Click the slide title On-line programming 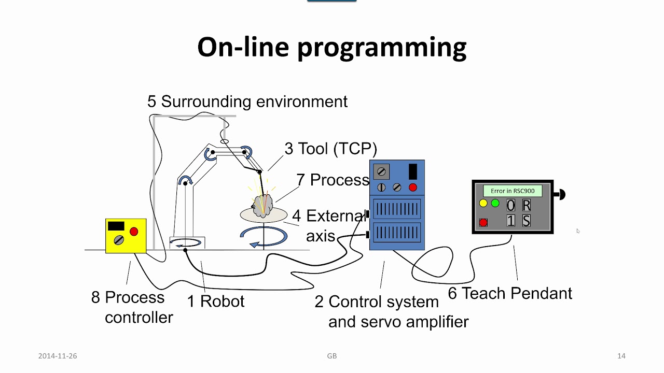(x=332, y=47)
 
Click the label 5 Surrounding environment (x=247, y=102)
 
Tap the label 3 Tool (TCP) (x=330, y=149)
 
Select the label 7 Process (x=333, y=180)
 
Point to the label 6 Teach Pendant (x=509, y=293)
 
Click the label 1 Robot (x=215, y=301)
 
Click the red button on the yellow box (x=134, y=231)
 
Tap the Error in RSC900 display (x=513, y=191)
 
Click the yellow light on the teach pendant (x=483, y=203)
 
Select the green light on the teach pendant (x=495, y=203)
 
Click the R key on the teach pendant (x=526, y=205)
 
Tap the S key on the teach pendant (x=526, y=221)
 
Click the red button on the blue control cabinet (x=413, y=187)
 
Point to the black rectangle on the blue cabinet (x=413, y=171)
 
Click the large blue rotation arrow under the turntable (x=264, y=236)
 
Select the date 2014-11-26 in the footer (x=58, y=356)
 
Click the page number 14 (x=621, y=356)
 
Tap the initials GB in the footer (x=332, y=356)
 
